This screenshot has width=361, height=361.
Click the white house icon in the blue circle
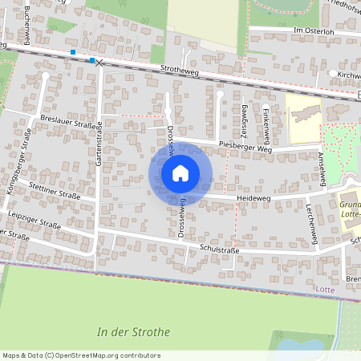point(180,172)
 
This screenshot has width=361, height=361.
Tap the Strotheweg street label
point(179,71)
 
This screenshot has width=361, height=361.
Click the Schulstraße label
point(221,249)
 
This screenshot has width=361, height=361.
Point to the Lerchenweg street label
point(311,217)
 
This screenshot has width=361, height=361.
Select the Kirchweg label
point(348,74)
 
